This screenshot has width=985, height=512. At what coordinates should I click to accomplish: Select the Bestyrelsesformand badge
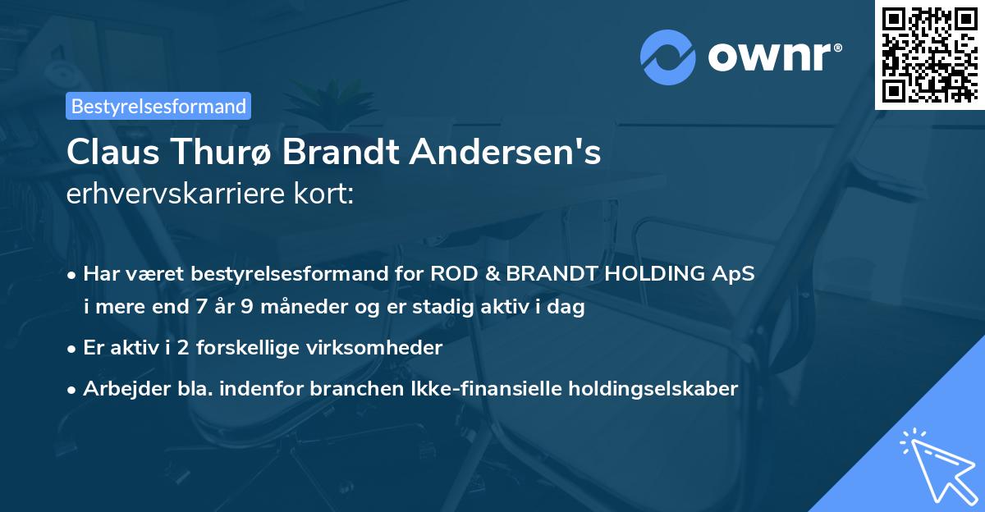158,106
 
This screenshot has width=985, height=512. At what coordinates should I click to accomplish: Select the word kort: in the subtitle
327,194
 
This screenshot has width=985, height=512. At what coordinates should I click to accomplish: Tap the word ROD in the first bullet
453,273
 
